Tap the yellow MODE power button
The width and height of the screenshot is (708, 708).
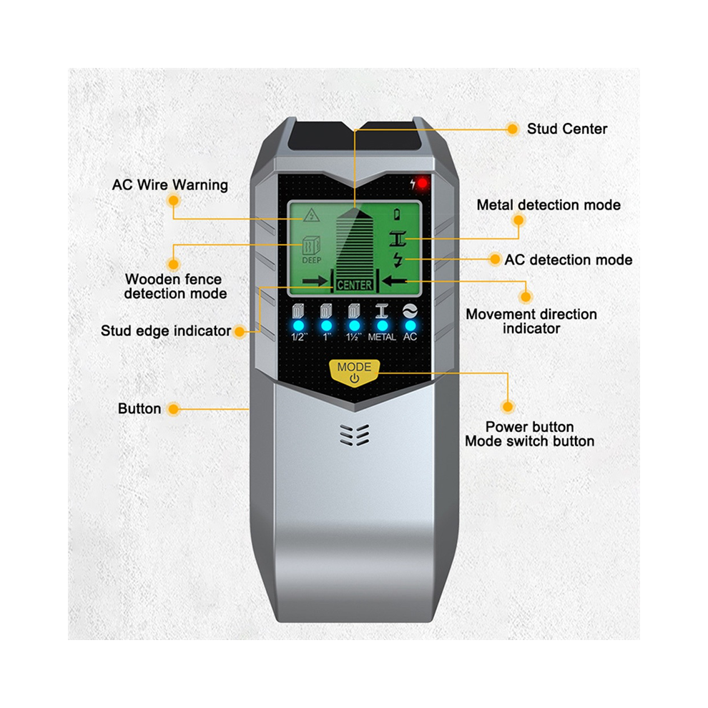click(x=355, y=373)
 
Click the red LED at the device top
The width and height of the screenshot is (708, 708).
click(x=423, y=183)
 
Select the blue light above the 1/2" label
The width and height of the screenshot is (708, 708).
click(x=298, y=325)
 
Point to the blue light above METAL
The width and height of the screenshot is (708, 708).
click(x=383, y=325)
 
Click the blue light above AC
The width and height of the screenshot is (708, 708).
click(x=410, y=325)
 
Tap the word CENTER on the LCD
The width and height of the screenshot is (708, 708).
click(x=355, y=285)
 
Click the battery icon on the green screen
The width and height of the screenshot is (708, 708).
click(x=397, y=214)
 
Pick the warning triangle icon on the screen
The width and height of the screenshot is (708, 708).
click(x=311, y=215)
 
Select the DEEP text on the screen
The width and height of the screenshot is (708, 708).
click(x=312, y=260)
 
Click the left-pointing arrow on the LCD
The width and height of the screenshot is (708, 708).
click(x=395, y=281)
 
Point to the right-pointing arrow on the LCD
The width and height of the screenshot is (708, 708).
click(x=315, y=281)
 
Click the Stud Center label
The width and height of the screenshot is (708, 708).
click(x=567, y=129)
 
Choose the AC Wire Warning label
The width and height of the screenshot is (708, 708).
click(x=169, y=185)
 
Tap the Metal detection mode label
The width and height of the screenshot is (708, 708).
click(x=549, y=205)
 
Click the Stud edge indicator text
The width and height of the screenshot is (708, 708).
click(x=166, y=330)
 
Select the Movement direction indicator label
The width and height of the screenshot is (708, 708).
click(x=531, y=321)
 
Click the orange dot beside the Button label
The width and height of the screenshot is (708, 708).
click(x=173, y=409)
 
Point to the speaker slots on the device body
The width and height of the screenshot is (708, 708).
click(x=355, y=435)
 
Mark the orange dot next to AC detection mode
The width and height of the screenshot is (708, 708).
click(x=495, y=259)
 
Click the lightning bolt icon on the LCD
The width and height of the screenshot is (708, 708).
click(x=398, y=260)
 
